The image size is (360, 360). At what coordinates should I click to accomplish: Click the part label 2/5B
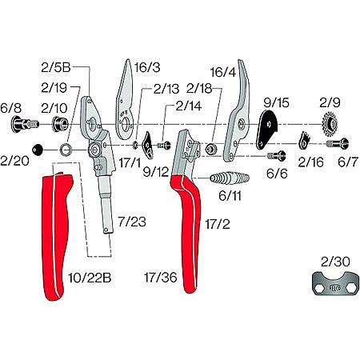point(56,67)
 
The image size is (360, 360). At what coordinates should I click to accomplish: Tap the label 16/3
point(147,67)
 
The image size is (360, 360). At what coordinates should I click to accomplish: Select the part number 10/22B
point(90,278)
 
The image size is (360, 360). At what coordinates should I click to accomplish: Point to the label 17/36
point(161,278)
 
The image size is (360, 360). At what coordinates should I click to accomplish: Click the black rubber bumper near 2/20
point(37,150)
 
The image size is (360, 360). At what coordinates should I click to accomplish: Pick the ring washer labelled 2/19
point(66,150)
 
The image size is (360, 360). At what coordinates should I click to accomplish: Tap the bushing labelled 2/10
point(60,124)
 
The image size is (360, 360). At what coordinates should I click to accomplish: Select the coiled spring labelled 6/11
point(230,178)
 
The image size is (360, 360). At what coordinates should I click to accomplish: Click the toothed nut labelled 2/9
point(330,124)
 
